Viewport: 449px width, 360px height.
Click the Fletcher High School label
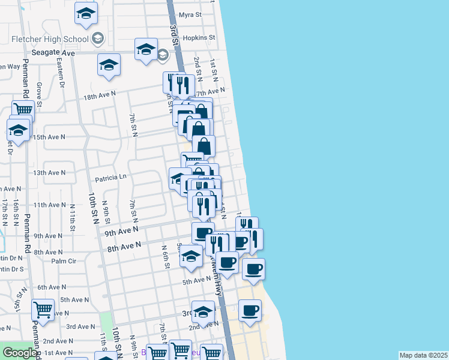50,40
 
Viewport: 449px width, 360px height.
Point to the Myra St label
190,14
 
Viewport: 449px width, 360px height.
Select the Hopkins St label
199,37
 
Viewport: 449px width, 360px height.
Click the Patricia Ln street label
111,177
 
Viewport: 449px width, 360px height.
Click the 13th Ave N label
49,173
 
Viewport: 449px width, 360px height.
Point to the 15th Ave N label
49,137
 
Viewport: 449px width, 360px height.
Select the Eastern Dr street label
61,77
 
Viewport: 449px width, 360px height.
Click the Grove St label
39,94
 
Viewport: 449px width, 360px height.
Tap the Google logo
20,353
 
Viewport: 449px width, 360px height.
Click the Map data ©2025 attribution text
423,355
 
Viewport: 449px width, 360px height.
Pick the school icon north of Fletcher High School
86,13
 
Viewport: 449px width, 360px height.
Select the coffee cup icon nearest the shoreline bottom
250,311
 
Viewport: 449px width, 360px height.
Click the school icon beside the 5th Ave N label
191,256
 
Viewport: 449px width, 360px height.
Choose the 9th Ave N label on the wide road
121,231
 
